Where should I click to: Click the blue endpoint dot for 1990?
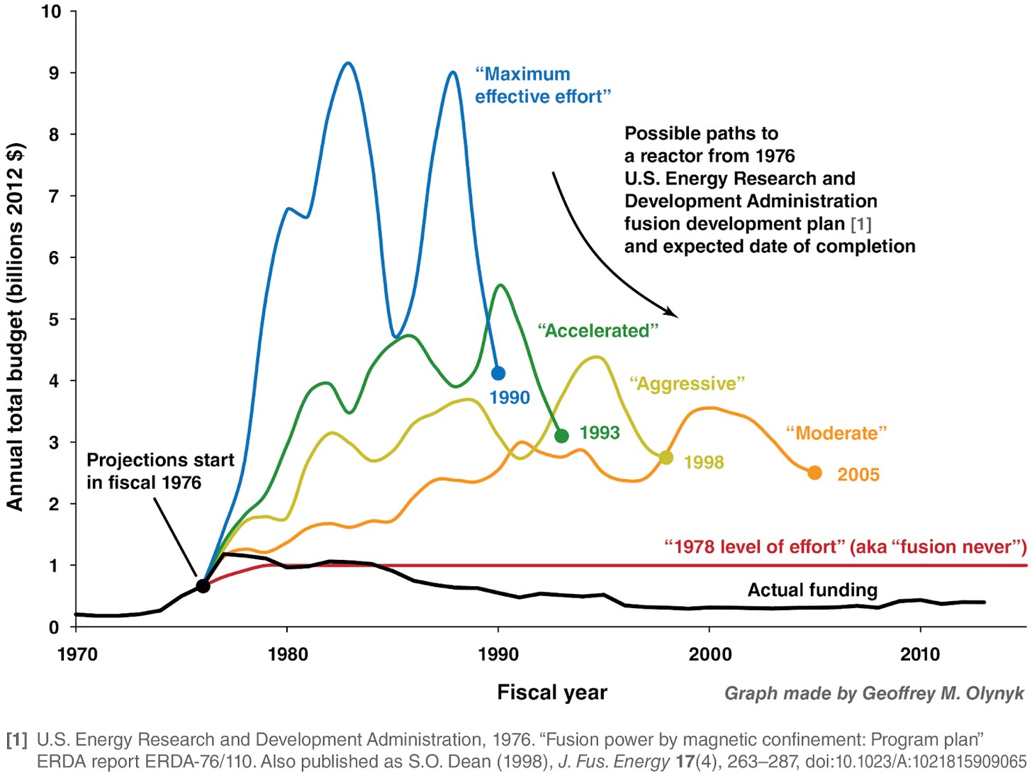(498, 373)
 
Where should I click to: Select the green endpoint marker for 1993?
(561, 436)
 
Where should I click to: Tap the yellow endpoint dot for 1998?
(666, 458)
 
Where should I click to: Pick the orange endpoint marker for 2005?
(814, 473)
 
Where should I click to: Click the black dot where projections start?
(203, 586)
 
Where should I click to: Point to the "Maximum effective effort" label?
(542, 85)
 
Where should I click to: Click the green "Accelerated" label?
(598, 331)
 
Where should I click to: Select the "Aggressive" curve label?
(687, 384)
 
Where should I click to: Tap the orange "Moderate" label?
(836, 433)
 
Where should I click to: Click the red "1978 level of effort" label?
(845, 547)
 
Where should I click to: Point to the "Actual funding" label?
(812, 590)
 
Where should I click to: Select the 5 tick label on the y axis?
(55, 320)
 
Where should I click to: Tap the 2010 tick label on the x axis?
(919, 654)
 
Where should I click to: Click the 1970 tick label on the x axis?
(77, 654)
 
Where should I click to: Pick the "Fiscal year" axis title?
(551, 692)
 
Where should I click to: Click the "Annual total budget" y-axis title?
(16, 326)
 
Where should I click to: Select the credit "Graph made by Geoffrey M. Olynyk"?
(874, 693)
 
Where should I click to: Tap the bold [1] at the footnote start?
(17, 740)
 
